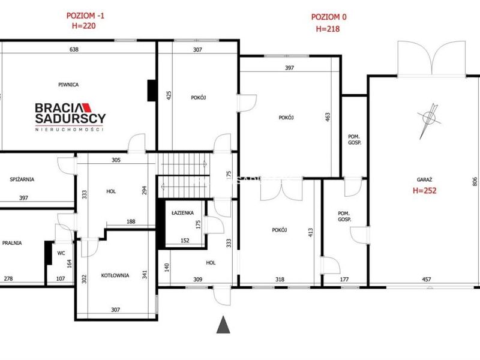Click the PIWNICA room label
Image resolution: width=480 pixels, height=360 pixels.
68,85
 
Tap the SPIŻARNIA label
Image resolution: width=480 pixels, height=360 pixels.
22,179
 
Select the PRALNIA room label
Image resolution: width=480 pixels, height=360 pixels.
12,243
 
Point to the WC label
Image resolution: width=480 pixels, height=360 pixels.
61,253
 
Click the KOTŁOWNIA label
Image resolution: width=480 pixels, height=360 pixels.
115,275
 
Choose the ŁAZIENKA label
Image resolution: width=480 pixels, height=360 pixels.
183,213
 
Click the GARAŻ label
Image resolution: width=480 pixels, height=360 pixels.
424,180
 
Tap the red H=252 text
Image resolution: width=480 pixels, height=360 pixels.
425,190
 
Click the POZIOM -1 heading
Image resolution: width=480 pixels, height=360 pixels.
85,16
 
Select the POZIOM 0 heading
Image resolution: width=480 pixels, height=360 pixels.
329,17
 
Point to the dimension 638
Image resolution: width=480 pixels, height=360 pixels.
74,49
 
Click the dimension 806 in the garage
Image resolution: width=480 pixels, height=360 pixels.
475,181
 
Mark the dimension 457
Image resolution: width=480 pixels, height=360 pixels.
427,279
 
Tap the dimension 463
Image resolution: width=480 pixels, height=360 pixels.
328,117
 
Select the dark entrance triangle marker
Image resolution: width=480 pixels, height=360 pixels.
223,325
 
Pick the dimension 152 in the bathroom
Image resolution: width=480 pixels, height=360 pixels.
185,241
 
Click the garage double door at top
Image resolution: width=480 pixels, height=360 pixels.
431,58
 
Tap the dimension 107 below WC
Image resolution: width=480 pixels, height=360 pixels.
61,278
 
